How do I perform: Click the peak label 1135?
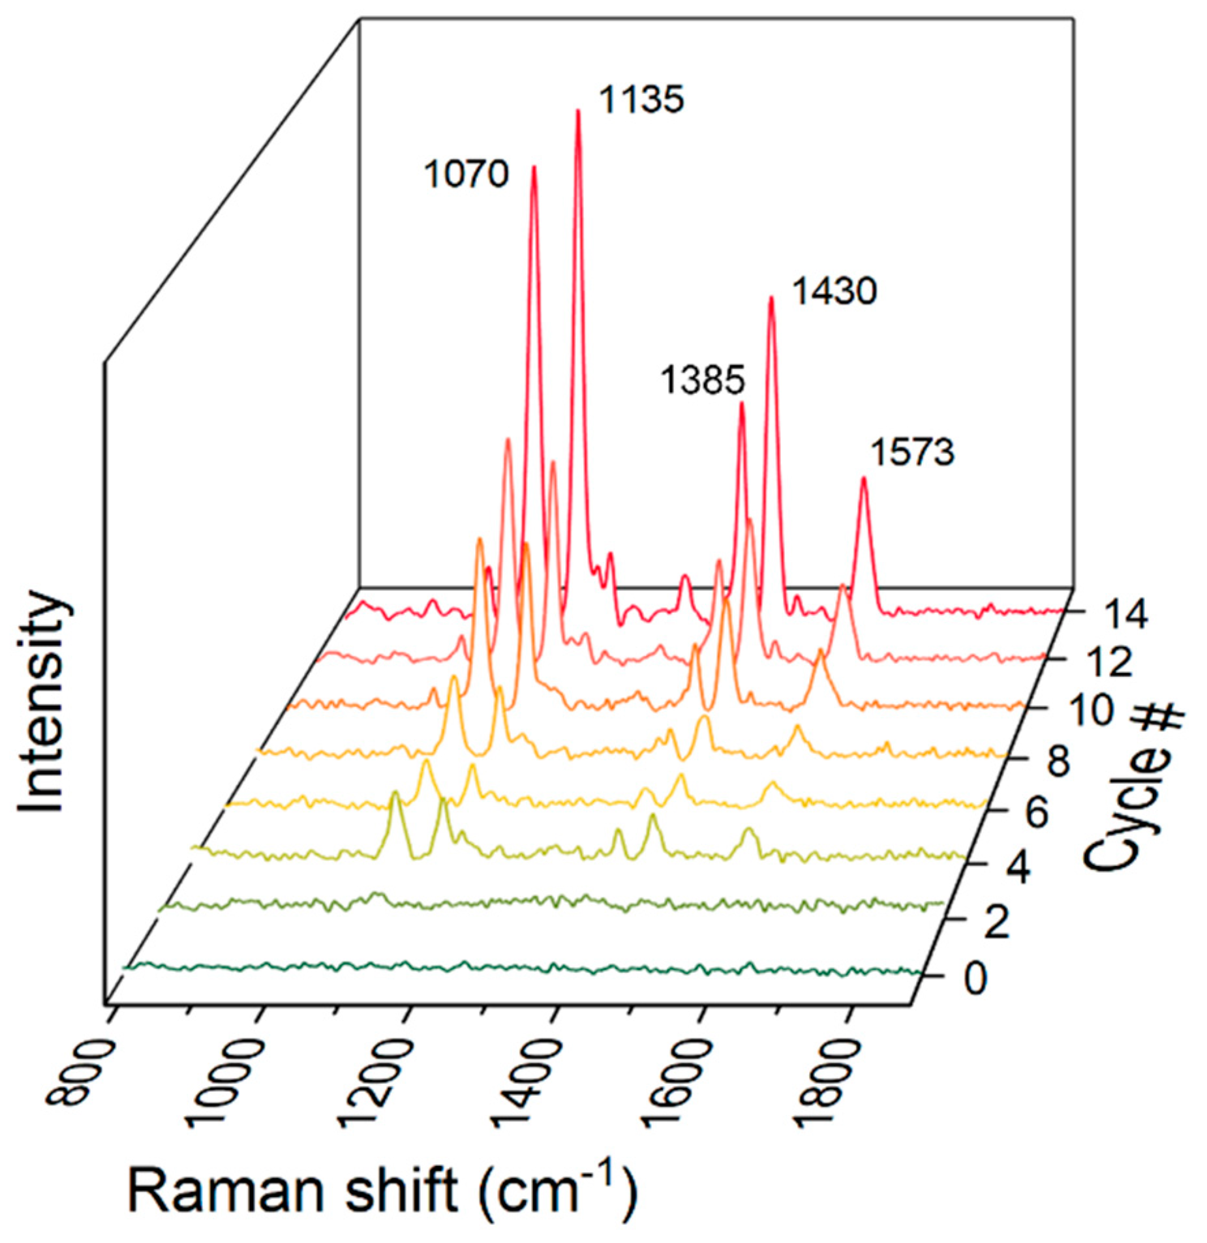click(x=641, y=100)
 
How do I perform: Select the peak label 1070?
click(x=466, y=175)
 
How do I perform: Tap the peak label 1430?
click(x=834, y=291)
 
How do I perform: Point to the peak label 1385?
click(x=702, y=380)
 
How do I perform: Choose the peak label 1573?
click(x=912, y=452)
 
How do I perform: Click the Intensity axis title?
click(x=42, y=701)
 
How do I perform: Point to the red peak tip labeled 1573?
click(x=864, y=479)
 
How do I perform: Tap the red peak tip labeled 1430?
click(x=771, y=299)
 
